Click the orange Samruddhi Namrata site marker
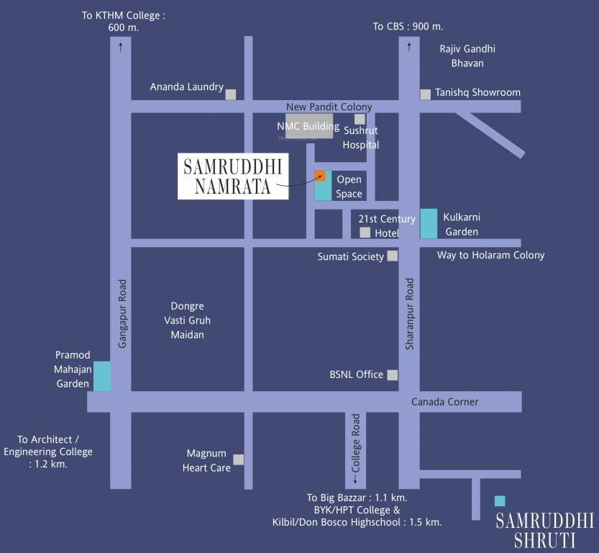pyautogui.click(x=320, y=176)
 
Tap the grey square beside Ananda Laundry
pyautogui.click(x=231, y=94)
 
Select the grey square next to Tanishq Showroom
pyautogui.click(x=426, y=94)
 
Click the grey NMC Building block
pyautogui.click(x=310, y=125)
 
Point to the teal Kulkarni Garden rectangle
pyautogui.click(x=429, y=223)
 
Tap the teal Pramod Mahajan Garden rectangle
pyautogui.click(x=103, y=376)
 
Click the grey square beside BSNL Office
pyautogui.click(x=393, y=374)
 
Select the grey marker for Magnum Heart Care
pyautogui.click(x=238, y=459)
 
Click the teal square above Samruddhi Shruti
pyautogui.click(x=500, y=500)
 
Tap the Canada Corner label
pyautogui.click(x=444, y=402)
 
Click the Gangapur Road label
pyautogui.click(x=122, y=314)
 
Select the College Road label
pyautogui.click(x=355, y=442)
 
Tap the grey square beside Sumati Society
pyautogui.click(x=393, y=256)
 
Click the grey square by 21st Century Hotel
pyautogui.click(x=365, y=232)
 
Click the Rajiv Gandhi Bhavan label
pyautogui.click(x=467, y=56)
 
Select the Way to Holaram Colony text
pyautogui.click(x=490, y=255)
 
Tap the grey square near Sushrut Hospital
pyautogui.click(x=360, y=119)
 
